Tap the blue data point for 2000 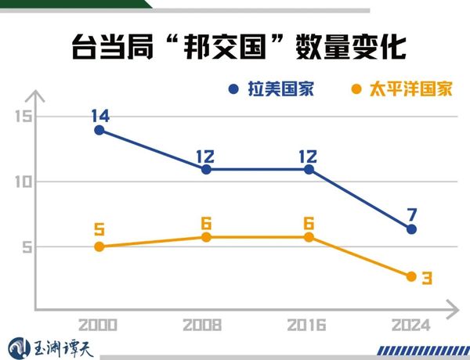[x=99, y=130]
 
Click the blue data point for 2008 [x=206, y=169]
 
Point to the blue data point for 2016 [x=309, y=169]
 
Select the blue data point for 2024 [x=412, y=229]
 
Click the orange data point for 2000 [x=99, y=247]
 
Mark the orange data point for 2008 [x=206, y=236]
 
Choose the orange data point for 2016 [x=309, y=236]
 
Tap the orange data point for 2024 [x=412, y=276]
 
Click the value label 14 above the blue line [x=99, y=116]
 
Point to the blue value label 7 [x=412, y=214]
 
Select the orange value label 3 [x=427, y=278]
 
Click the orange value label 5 [x=99, y=230]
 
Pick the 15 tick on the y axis [x=22, y=117]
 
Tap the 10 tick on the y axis [x=22, y=182]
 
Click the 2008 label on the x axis [x=202, y=324]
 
